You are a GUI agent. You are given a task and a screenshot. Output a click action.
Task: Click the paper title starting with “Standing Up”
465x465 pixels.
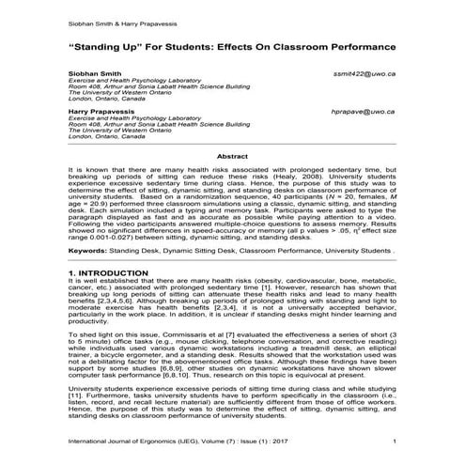[x=232, y=45]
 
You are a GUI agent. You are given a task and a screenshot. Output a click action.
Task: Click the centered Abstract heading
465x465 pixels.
[x=232, y=156]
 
